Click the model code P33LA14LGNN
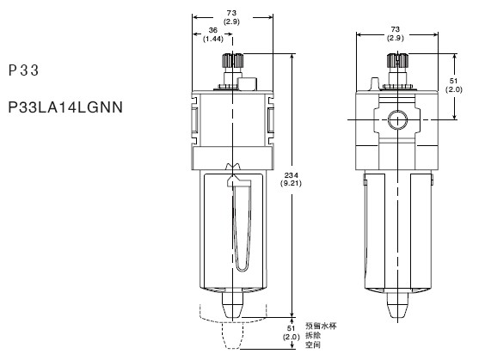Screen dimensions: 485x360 [65, 107]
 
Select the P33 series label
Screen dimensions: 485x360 [24, 70]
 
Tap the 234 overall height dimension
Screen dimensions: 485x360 [291, 176]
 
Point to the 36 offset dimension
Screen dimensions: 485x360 [212, 30]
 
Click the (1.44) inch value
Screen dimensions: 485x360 [212, 39]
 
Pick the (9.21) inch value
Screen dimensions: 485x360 [291, 184]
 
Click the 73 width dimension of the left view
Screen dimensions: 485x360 [231, 13]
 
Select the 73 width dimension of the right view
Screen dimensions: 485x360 [396, 29]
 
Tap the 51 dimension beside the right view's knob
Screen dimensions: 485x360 [453, 81]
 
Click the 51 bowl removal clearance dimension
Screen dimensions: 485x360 [291, 328]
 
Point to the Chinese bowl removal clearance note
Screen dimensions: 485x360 [321, 335]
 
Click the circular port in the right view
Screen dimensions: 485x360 [397, 119]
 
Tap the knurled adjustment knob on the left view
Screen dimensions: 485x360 [232, 61]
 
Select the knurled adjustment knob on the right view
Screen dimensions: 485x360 [397, 61]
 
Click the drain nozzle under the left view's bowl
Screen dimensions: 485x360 [232, 305]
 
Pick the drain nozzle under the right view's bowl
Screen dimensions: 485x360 [397, 305]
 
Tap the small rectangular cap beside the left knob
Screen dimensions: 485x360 [247, 83]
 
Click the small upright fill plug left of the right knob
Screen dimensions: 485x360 [374, 84]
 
